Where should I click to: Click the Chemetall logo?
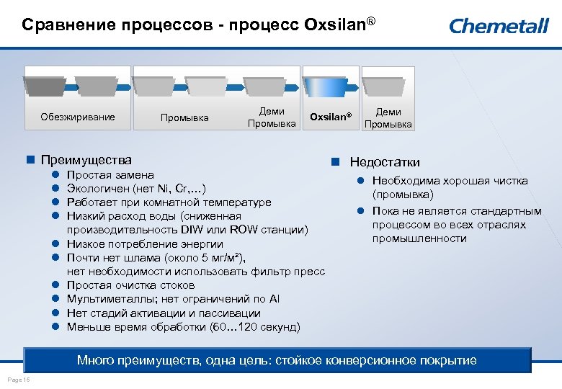click(499, 26)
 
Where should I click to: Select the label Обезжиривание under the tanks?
click(78, 117)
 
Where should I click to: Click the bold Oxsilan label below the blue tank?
click(331, 117)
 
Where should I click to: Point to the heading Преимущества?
click(86, 159)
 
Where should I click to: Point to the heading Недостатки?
click(385, 162)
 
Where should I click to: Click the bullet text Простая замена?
click(110, 175)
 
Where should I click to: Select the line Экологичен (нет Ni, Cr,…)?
click(137, 189)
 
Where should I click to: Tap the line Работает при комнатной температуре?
click(169, 202)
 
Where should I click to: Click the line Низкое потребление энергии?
click(145, 244)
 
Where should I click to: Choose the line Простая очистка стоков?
click(130, 285)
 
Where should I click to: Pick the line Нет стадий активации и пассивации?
click(164, 313)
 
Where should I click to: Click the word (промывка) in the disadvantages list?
click(403, 194)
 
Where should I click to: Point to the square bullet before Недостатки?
click(336, 162)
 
